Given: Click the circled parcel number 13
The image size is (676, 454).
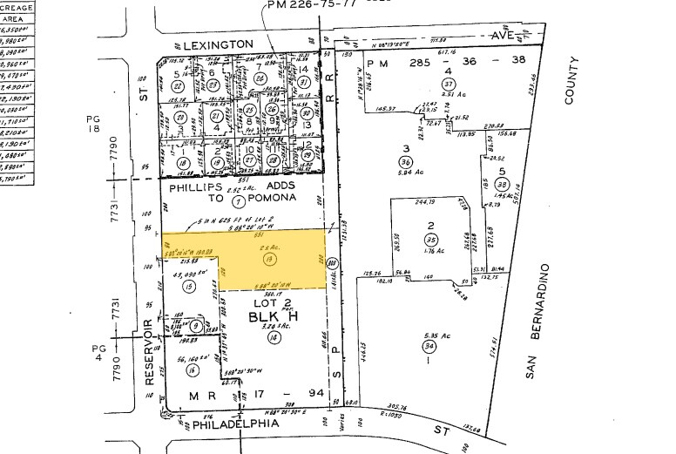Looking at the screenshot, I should pos(246,260).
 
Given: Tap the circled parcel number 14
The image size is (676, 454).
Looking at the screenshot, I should pos(251,336).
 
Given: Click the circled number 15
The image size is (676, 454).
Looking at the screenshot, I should pos(187,286).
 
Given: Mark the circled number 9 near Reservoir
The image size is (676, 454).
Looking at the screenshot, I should pos(197,327).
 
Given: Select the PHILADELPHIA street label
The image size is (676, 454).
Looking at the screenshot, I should pos(235,424).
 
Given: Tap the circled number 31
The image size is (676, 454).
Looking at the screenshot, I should pos(305,83).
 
